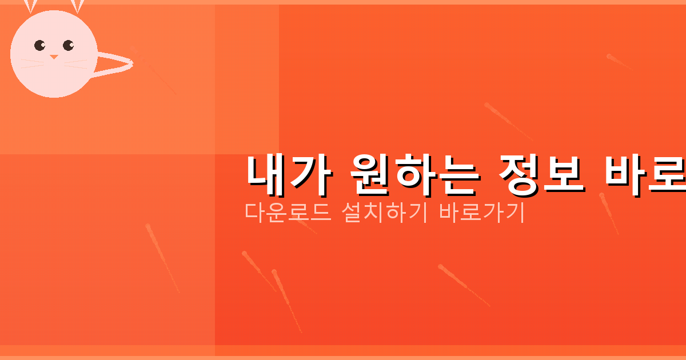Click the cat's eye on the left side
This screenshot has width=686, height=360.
click(x=39, y=45)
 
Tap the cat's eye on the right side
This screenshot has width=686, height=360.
click(x=68, y=45)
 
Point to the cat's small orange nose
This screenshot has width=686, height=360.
click(x=54, y=57)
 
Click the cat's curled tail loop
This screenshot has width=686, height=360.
click(x=117, y=63)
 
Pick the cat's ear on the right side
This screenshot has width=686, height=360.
click(x=77, y=6)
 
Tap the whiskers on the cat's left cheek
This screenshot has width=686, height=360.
click(x=31, y=63)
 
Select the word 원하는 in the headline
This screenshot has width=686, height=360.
click(x=412, y=174)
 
